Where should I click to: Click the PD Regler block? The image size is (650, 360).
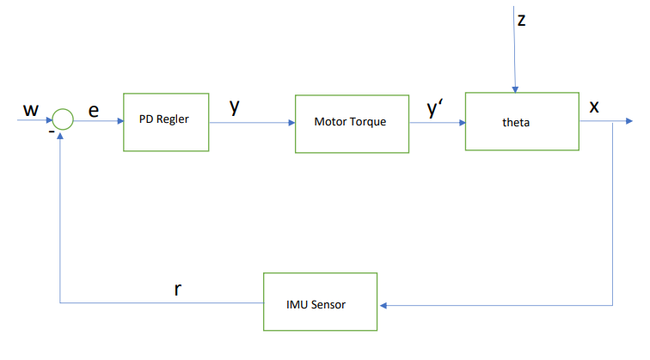166,120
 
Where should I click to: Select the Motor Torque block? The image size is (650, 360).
350,121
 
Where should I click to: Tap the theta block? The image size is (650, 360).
522,120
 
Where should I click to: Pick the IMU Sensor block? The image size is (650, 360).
320,302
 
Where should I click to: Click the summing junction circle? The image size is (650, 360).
63,120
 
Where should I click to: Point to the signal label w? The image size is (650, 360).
31,110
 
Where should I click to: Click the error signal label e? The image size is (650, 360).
94,109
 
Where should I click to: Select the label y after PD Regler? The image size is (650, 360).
234,107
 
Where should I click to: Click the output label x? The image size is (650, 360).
594,107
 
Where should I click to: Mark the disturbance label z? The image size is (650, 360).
521,20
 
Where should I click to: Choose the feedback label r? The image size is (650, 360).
178,289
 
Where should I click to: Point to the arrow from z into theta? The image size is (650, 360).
515,60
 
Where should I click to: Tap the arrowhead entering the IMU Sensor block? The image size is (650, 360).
383,304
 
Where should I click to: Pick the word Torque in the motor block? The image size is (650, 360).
369,121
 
